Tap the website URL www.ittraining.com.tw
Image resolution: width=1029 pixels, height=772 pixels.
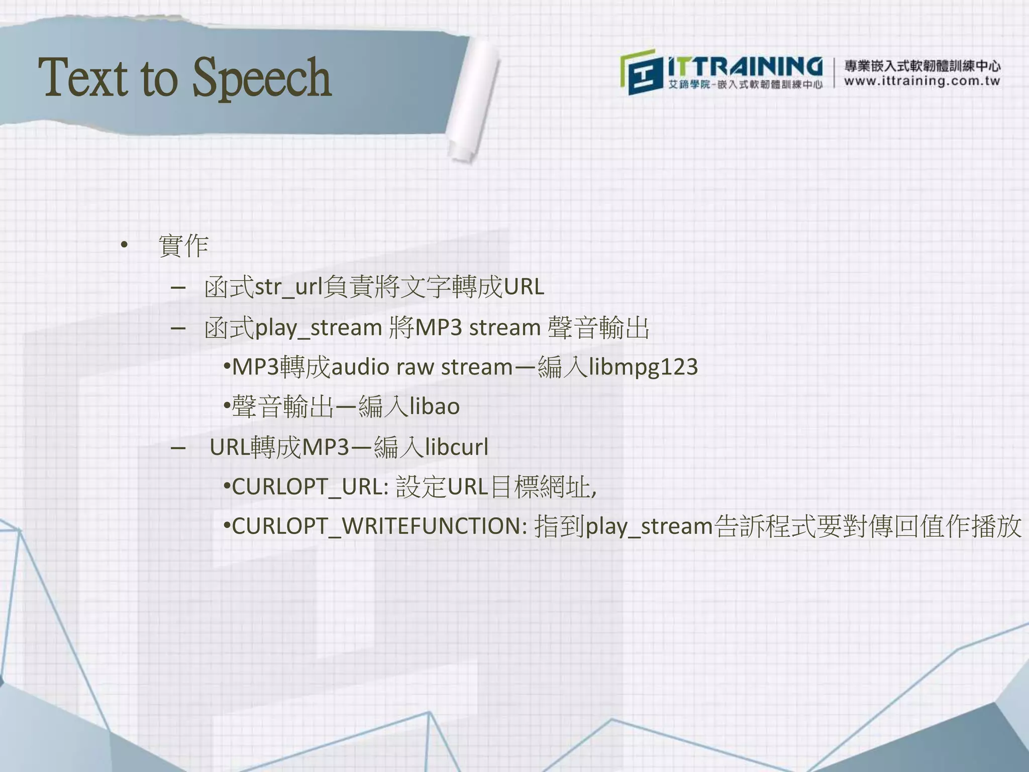coord(922,81)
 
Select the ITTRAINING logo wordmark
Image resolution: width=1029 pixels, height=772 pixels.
coord(745,67)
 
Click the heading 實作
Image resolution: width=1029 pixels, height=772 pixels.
coord(183,246)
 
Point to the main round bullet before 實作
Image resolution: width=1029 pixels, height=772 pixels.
coord(124,246)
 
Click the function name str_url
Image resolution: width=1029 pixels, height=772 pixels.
coord(288,287)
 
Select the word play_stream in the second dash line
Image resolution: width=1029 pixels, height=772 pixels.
coord(319,328)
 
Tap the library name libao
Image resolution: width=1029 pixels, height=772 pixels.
coord(435,407)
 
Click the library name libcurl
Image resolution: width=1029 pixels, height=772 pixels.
coord(456,447)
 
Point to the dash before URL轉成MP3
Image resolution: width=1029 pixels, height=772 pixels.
coord(178,447)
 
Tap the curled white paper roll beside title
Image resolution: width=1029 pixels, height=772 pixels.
coord(475,101)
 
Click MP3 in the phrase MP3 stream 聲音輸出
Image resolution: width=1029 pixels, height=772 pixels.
coord(438,328)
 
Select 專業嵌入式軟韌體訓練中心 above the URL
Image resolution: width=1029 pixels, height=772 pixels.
coord(922,66)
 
